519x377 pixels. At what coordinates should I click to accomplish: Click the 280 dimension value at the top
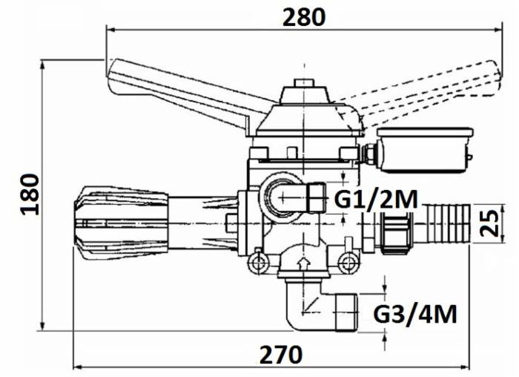click(x=304, y=17)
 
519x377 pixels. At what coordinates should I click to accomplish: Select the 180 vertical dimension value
click(x=30, y=194)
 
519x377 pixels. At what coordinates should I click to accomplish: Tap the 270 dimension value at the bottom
click(x=281, y=355)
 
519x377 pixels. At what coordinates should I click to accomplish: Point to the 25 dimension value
click(x=489, y=223)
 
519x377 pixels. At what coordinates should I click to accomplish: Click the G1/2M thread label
click(x=376, y=200)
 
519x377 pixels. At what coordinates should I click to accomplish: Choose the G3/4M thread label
click(x=415, y=314)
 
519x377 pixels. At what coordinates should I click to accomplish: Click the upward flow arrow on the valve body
click(x=303, y=264)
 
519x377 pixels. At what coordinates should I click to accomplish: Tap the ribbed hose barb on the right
click(x=446, y=223)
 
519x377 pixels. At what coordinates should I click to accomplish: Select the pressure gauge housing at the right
click(x=425, y=149)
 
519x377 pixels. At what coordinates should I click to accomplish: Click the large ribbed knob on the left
click(x=120, y=223)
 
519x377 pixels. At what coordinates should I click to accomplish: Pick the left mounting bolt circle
click(x=258, y=263)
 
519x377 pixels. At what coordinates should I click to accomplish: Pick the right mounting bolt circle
click(x=346, y=263)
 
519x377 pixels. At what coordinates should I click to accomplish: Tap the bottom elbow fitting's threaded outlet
click(x=346, y=312)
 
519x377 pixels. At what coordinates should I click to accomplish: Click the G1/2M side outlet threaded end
click(x=316, y=197)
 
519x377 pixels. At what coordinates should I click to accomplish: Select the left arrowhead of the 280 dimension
click(x=110, y=30)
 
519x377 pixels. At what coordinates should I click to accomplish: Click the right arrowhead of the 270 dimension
click(x=466, y=367)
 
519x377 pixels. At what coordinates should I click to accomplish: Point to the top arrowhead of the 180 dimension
click(x=42, y=65)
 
